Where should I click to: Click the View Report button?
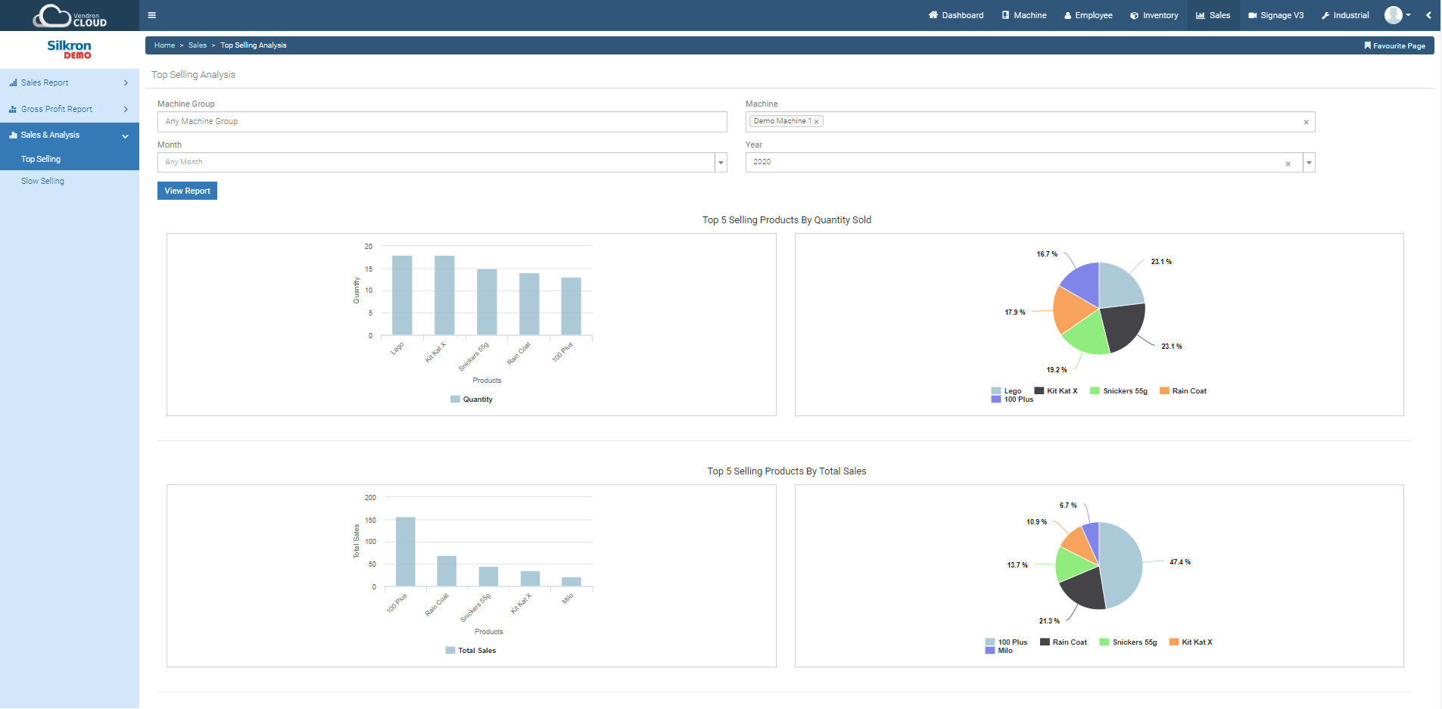click(187, 191)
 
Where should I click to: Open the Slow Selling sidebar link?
click(42, 182)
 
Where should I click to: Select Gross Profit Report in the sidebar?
click(57, 110)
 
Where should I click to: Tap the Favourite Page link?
click(1394, 46)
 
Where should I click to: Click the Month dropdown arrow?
click(721, 163)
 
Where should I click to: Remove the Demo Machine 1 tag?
click(817, 122)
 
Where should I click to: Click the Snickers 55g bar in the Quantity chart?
click(487, 302)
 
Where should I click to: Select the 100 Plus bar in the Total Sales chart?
click(406, 552)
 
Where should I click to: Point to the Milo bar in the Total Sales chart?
click(572, 581)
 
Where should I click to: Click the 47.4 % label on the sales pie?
click(1180, 562)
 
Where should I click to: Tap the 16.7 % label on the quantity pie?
click(1047, 254)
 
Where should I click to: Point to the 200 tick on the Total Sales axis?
click(370, 498)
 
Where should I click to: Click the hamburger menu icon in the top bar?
click(152, 15)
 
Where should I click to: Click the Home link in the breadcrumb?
click(164, 45)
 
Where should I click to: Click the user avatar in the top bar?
click(1393, 15)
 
